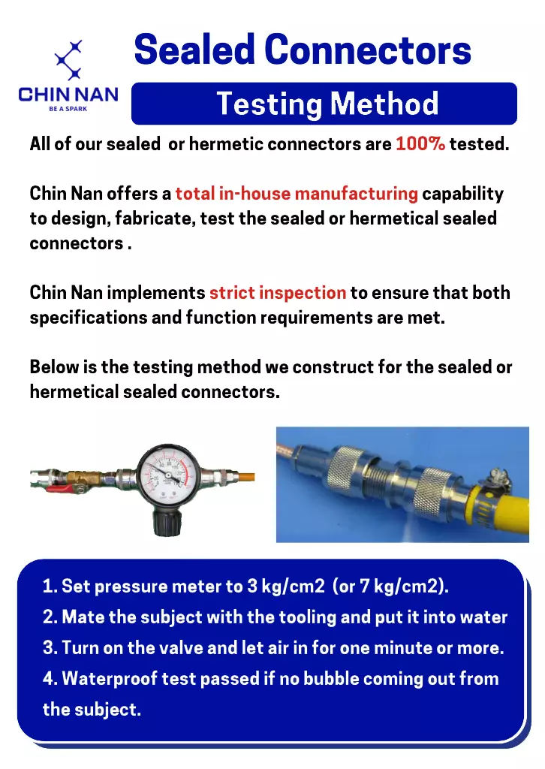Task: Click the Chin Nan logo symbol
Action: point(68,60)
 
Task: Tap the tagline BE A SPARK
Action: point(68,109)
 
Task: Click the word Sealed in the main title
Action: point(194,50)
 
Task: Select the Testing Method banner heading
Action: point(327,104)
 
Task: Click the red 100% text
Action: point(420,143)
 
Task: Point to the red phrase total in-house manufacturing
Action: point(297,193)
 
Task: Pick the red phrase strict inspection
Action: point(278,293)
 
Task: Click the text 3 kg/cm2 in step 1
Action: point(286,586)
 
